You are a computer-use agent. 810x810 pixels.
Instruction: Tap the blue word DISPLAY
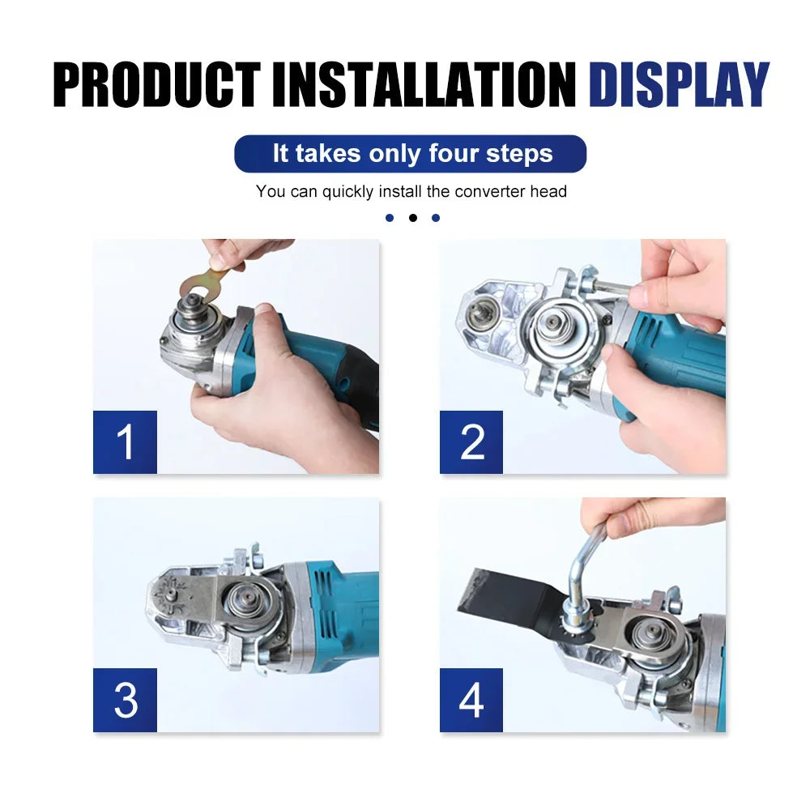[x=678, y=83]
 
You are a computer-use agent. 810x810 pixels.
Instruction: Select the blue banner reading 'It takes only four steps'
[x=410, y=154]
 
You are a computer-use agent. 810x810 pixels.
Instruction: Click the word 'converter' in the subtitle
[x=492, y=192]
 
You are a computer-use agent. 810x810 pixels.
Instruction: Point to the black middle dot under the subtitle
[x=412, y=218]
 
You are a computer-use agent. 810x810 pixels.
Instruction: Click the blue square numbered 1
[x=125, y=442]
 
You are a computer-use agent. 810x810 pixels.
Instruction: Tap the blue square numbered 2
[x=471, y=442]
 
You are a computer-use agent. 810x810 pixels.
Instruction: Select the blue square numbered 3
[x=125, y=701]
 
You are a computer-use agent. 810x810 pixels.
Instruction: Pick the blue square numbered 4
[x=471, y=701]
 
